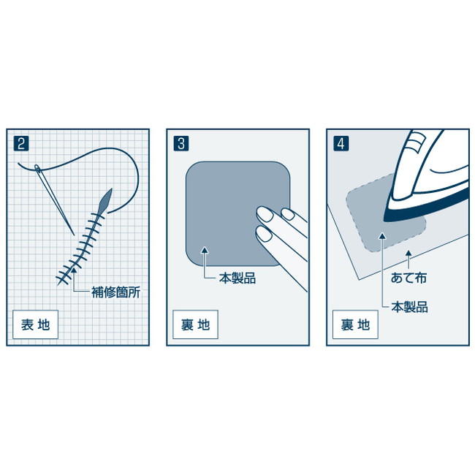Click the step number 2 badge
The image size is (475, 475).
(21, 143)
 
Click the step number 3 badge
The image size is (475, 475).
(181, 143)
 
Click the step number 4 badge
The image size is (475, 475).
(341, 143)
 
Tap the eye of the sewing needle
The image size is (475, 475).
(37, 167)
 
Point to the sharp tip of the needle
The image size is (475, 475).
(75, 235)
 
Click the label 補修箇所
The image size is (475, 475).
(115, 292)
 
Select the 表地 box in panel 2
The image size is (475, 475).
(36, 324)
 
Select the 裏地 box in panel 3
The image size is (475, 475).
(195, 324)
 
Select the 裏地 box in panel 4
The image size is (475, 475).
(355, 324)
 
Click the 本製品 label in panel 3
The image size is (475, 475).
(237, 278)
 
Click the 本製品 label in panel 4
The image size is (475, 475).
(409, 307)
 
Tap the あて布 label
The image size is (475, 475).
(408, 278)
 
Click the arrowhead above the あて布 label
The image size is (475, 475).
(408, 254)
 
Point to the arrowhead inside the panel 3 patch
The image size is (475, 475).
(205, 250)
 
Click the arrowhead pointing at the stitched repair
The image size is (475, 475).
(74, 270)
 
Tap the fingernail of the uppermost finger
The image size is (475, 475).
(288, 214)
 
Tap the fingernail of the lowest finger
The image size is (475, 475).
(264, 234)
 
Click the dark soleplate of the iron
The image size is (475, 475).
(424, 207)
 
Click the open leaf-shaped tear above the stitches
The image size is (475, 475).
(106, 200)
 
